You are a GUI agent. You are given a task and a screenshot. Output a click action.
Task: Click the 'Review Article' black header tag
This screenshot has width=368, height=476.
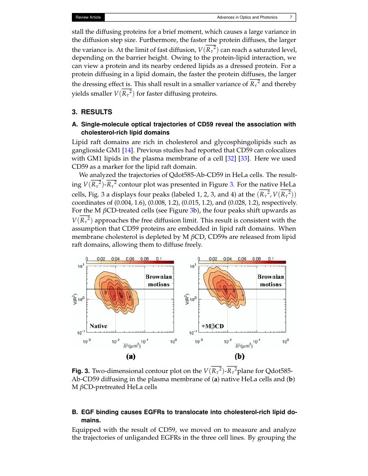pos(88,17)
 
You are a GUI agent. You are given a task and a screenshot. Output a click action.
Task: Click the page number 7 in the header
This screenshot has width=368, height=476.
pos(291,17)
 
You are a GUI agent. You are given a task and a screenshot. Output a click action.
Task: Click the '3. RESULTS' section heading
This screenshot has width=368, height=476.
pos(92,112)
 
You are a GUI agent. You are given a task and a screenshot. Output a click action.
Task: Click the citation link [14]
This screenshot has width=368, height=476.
pos(127,150)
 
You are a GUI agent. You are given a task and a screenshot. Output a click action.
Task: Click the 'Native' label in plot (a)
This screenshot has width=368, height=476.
pos(98,325)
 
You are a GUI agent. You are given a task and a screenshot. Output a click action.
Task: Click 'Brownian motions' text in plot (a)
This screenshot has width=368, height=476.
pos(159,280)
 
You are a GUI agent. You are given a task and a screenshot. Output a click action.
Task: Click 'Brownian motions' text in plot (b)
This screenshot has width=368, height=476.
pos(271,280)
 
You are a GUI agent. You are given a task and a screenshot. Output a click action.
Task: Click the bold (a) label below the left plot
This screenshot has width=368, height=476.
pos(130,357)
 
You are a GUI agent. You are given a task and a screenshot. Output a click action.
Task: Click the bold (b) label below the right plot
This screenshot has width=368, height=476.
pos(240,357)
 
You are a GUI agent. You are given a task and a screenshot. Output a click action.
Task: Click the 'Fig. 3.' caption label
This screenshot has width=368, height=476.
pos(81,371)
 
